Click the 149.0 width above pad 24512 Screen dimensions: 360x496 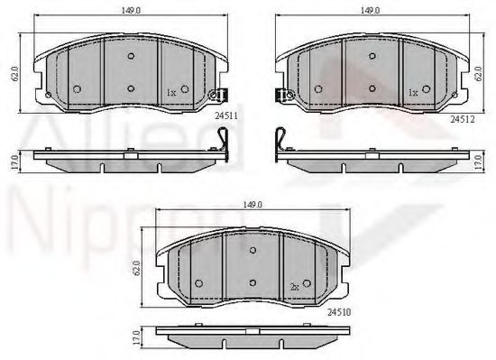point(371,12)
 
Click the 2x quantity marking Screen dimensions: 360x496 point(295,286)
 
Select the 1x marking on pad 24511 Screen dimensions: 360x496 point(171,92)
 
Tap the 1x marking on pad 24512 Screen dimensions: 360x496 point(412,92)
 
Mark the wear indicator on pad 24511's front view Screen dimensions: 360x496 point(217,95)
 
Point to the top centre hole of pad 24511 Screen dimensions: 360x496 point(132,55)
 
